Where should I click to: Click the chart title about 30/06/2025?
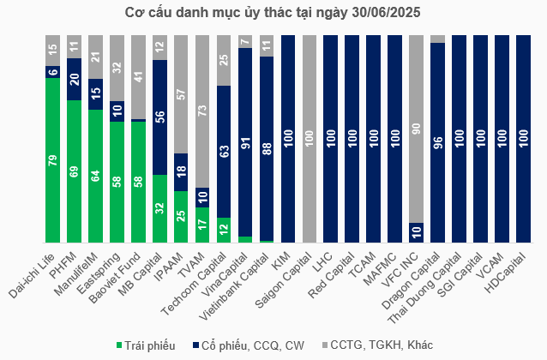(273, 12)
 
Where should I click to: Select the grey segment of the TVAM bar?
(202, 111)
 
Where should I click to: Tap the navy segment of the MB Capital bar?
(159, 117)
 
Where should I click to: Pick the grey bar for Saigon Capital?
(309, 140)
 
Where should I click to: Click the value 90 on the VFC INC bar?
(416, 129)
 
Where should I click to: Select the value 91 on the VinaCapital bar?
(245, 142)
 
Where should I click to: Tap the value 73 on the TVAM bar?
(202, 111)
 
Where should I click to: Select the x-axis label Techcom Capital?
(206, 278)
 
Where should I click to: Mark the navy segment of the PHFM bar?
(74, 79)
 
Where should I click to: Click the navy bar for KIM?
(287, 140)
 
